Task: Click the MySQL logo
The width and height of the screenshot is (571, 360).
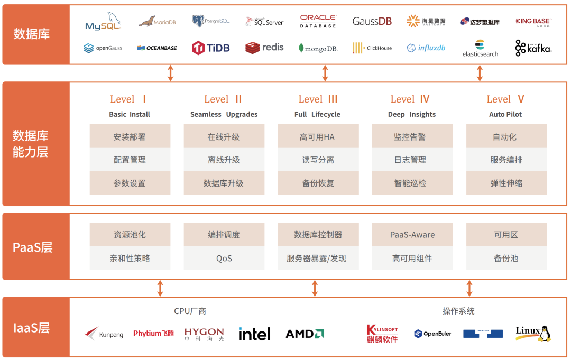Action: [x=103, y=22]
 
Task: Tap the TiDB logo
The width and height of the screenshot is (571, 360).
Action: [x=210, y=48]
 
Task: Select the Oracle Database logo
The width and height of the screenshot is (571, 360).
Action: [x=318, y=22]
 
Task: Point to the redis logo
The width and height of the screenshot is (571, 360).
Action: [x=264, y=48]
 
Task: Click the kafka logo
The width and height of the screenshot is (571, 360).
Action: [x=533, y=48]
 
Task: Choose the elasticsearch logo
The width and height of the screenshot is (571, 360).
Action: [x=480, y=48]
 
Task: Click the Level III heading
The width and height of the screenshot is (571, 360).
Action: [x=318, y=99]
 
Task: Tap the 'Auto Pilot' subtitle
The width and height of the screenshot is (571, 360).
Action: [x=506, y=114]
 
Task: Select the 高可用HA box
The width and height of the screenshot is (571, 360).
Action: [x=318, y=137]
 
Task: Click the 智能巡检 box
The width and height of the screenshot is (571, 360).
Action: [x=412, y=183]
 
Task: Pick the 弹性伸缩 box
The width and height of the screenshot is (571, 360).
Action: [x=506, y=183]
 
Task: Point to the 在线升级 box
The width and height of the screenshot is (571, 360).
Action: [x=224, y=137]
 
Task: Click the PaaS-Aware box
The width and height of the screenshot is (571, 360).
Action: [x=412, y=235]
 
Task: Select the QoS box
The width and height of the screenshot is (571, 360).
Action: [x=224, y=259]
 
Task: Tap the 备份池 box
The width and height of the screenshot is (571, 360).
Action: [x=506, y=259]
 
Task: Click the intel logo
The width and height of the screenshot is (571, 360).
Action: [x=254, y=334]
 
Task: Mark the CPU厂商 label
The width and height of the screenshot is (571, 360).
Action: [x=190, y=311]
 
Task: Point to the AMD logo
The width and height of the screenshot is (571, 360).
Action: [x=305, y=334]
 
